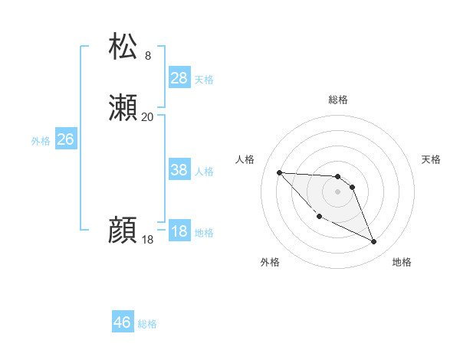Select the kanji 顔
[x=123, y=231]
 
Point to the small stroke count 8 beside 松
[x=148, y=56]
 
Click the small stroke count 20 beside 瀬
[x=147, y=117]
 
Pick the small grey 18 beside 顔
[x=147, y=240]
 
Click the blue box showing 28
[x=179, y=78]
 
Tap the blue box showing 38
[x=179, y=171]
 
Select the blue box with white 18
[x=179, y=232]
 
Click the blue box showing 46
[x=123, y=322]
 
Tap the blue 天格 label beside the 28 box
[x=204, y=79]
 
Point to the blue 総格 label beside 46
[x=147, y=324]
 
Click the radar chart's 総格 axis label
[x=337, y=100]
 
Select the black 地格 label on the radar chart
[x=402, y=262]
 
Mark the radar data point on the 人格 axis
[x=279, y=172]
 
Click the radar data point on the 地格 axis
[x=374, y=242]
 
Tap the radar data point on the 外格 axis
[x=319, y=217]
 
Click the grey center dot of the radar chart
[x=337, y=191]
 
